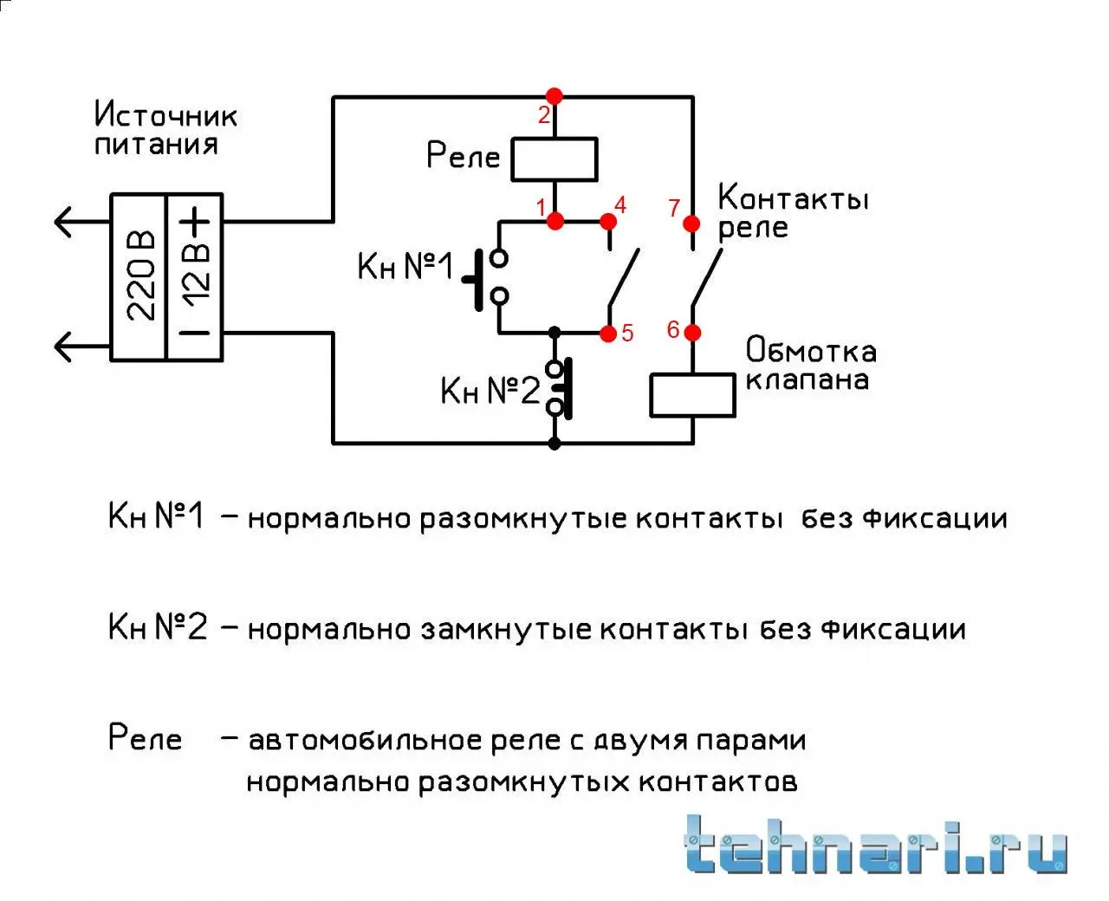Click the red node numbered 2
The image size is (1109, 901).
pos(554,96)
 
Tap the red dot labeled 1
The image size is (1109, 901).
pos(555,221)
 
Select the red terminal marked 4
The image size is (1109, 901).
pos(607,222)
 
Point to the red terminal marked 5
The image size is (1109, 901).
pos(608,334)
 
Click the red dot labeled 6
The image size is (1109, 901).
pos(692,332)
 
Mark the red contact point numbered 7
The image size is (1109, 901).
pos(691,224)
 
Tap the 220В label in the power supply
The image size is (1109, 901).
pos(140,275)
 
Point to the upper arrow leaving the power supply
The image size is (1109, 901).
pos(82,222)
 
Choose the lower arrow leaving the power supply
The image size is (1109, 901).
pos(82,347)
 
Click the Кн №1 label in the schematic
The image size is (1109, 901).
pos(405,266)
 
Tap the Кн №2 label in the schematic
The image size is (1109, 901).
pos(490,390)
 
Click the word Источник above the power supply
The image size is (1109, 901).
pos(165,114)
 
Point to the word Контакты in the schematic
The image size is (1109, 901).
pos(793,198)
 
